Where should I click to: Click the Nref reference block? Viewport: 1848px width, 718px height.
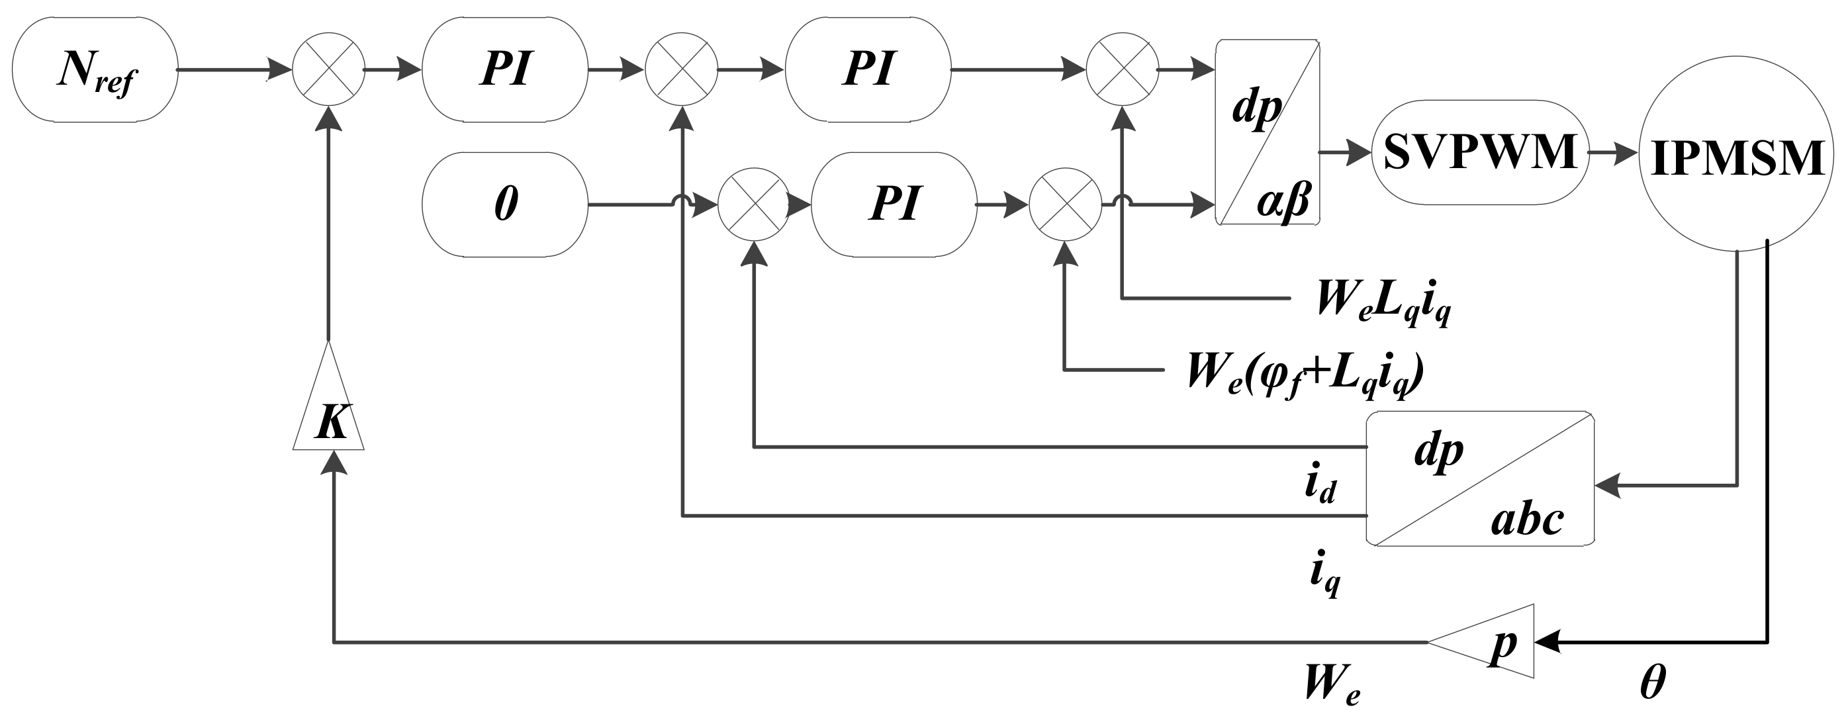95,69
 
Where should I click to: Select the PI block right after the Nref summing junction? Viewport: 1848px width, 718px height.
504,69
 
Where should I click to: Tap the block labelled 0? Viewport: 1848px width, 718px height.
504,204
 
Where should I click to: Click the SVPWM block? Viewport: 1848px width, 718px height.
1479,152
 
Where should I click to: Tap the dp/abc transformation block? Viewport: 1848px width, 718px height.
1479,479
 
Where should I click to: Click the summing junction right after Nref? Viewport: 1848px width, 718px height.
328,69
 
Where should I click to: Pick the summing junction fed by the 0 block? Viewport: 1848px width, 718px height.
754,204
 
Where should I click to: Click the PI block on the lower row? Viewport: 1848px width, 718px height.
893,204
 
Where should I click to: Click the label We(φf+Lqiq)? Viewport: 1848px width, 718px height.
1304,375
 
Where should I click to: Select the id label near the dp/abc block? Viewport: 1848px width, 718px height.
1318,486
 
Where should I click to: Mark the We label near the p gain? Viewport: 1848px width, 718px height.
1331,685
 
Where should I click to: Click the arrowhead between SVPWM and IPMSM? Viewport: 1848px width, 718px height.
1627,153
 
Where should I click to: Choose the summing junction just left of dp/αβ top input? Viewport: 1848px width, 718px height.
1122,69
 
